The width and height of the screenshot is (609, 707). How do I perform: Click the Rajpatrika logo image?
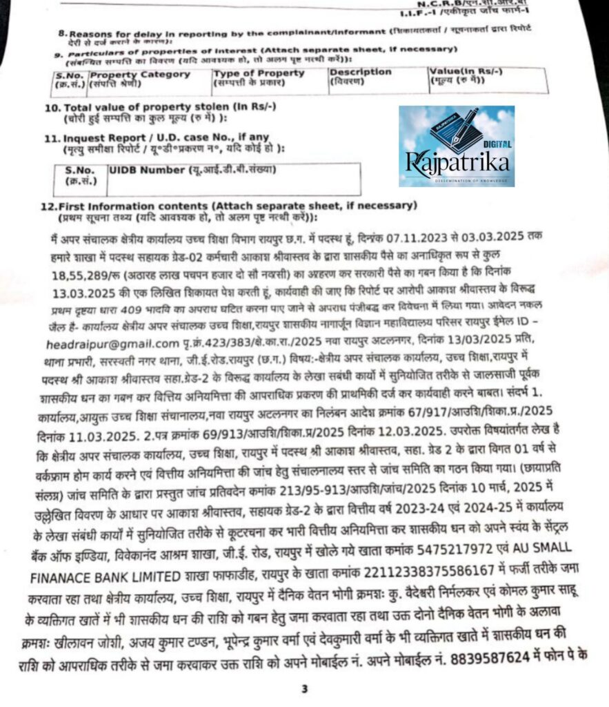456,146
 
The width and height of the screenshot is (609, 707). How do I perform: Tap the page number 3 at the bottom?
304,688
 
